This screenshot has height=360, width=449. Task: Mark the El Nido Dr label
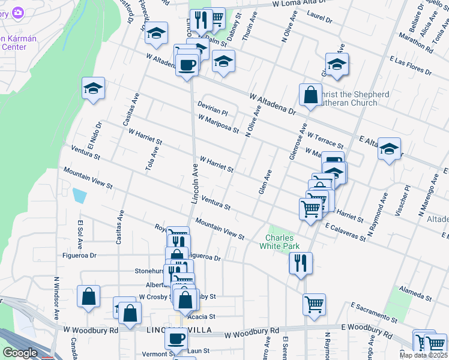96,136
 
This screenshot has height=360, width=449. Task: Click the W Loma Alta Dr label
302,4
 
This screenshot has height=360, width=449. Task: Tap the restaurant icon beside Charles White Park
300,262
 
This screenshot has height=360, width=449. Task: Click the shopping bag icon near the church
310,95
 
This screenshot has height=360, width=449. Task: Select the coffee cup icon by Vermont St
176,338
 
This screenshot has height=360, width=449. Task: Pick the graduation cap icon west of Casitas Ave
93,88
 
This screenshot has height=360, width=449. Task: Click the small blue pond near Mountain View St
79,196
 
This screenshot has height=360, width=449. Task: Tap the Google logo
20,353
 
